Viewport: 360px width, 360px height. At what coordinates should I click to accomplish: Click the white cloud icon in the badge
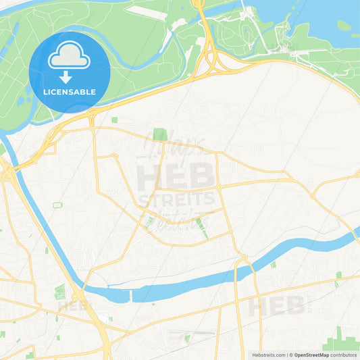(x=70, y=58)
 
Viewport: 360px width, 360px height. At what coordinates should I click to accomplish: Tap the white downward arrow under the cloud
(x=66, y=77)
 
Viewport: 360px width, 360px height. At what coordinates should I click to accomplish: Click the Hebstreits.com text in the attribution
(x=267, y=354)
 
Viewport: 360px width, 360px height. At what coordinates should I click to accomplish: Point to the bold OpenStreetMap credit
(x=311, y=354)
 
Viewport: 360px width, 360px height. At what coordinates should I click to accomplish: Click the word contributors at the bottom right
(x=344, y=354)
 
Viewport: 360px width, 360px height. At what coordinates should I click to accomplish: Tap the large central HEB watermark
(x=176, y=177)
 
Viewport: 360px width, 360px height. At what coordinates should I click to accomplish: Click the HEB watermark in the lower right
(x=277, y=305)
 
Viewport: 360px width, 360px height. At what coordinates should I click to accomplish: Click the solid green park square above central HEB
(x=160, y=134)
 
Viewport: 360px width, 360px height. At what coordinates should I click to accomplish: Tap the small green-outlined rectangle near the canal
(x=57, y=205)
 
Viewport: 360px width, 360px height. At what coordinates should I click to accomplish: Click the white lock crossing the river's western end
(x=128, y=295)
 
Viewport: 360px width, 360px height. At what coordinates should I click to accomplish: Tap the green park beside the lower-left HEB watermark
(x=60, y=292)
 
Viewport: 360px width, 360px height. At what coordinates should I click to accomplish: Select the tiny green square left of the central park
(x=114, y=120)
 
